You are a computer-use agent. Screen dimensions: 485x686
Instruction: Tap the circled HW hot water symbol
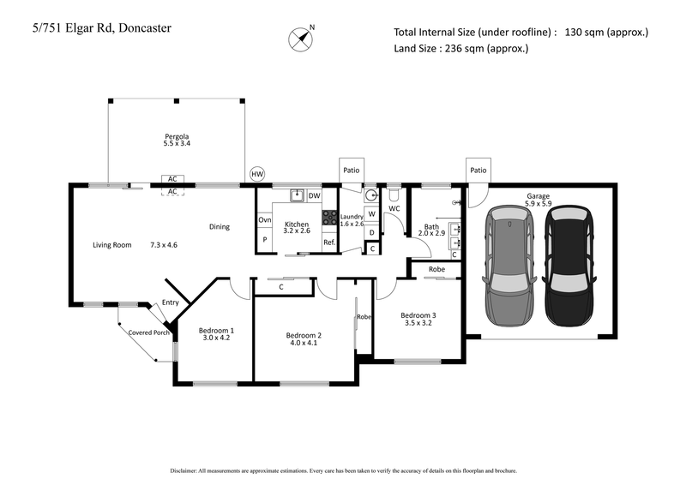click(x=256, y=174)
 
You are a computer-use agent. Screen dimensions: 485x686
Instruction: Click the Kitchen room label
click(x=297, y=224)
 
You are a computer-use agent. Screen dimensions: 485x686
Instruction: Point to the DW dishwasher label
click(x=314, y=196)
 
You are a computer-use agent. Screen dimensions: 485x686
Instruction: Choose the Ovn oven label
click(x=264, y=220)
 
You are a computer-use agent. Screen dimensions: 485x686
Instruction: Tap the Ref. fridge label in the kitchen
click(x=328, y=242)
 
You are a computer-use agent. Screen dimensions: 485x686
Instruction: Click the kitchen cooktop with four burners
click(x=329, y=218)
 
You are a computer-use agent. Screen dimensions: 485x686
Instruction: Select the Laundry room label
click(x=352, y=218)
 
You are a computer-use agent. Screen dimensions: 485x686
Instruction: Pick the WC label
click(x=394, y=208)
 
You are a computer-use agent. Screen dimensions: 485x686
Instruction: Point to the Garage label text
click(x=539, y=196)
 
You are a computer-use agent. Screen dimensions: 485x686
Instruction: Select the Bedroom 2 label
click(x=304, y=335)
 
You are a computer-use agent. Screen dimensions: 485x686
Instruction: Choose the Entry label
click(x=171, y=302)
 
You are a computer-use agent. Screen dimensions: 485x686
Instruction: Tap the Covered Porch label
click(x=148, y=332)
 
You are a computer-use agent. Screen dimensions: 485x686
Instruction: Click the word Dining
click(x=220, y=227)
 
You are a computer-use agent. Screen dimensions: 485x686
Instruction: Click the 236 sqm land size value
click(x=464, y=49)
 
